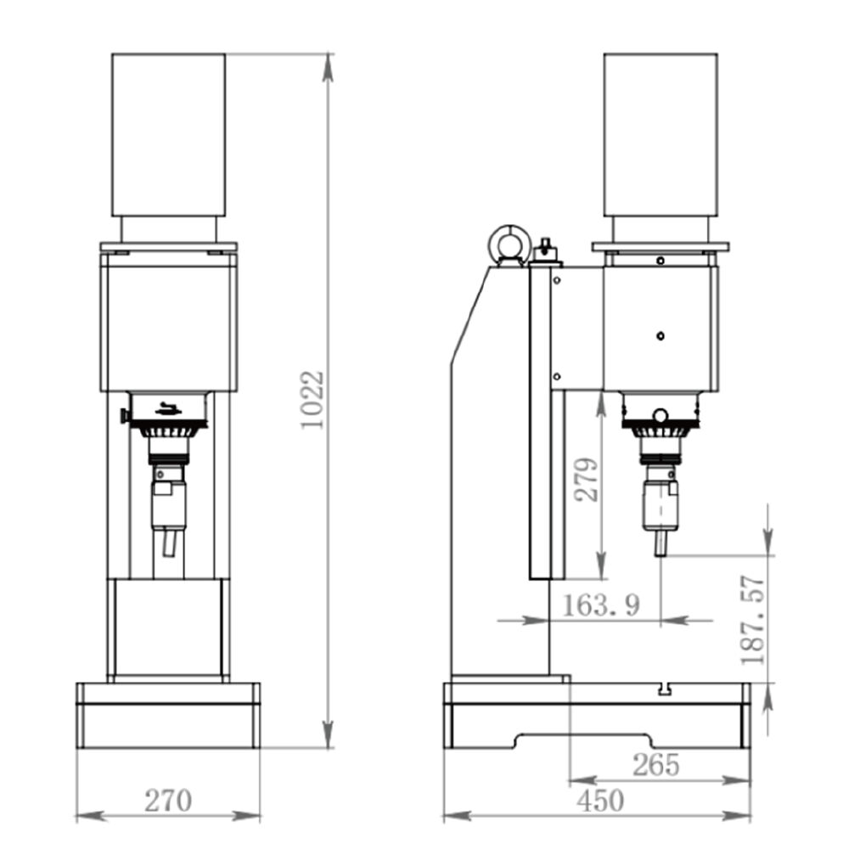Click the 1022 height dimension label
[x=312, y=400]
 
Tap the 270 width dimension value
[x=168, y=801]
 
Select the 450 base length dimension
[x=600, y=801]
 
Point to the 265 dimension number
[x=655, y=765]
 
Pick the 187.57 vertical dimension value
[x=752, y=621]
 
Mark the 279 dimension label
[x=587, y=480]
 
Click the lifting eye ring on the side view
[x=509, y=245]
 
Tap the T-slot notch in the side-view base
[x=665, y=689]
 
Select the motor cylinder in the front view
[x=168, y=135]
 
